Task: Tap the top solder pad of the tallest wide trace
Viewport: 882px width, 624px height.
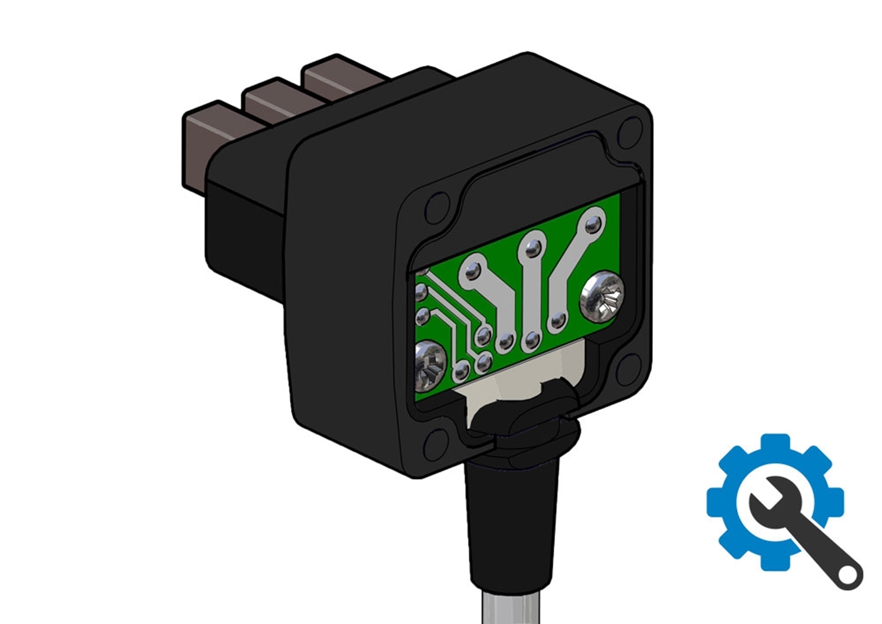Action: (593, 224)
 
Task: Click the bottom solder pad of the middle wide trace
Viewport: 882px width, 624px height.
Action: (532, 340)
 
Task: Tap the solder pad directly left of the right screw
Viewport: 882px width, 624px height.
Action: (557, 321)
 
